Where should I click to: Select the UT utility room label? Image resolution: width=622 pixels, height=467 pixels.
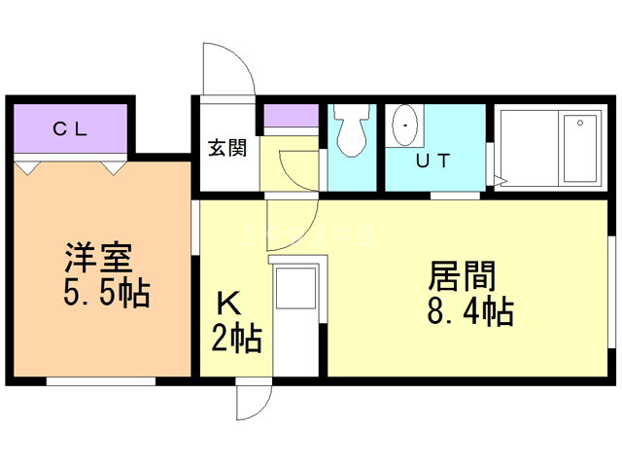pyautogui.click(x=432, y=162)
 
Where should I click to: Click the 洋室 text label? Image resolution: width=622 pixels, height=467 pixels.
pyautogui.click(x=98, y=261)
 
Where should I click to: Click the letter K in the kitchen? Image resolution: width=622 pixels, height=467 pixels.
pyautogui.click(x=226, y=304)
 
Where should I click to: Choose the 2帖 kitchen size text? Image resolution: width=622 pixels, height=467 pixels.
pyautogui.click(x=235, y=340)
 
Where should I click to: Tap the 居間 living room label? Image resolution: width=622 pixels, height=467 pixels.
pyautogui.click(x=462, y=277)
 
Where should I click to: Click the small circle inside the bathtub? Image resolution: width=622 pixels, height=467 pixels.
pyautogui.click(x=579, y=124)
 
